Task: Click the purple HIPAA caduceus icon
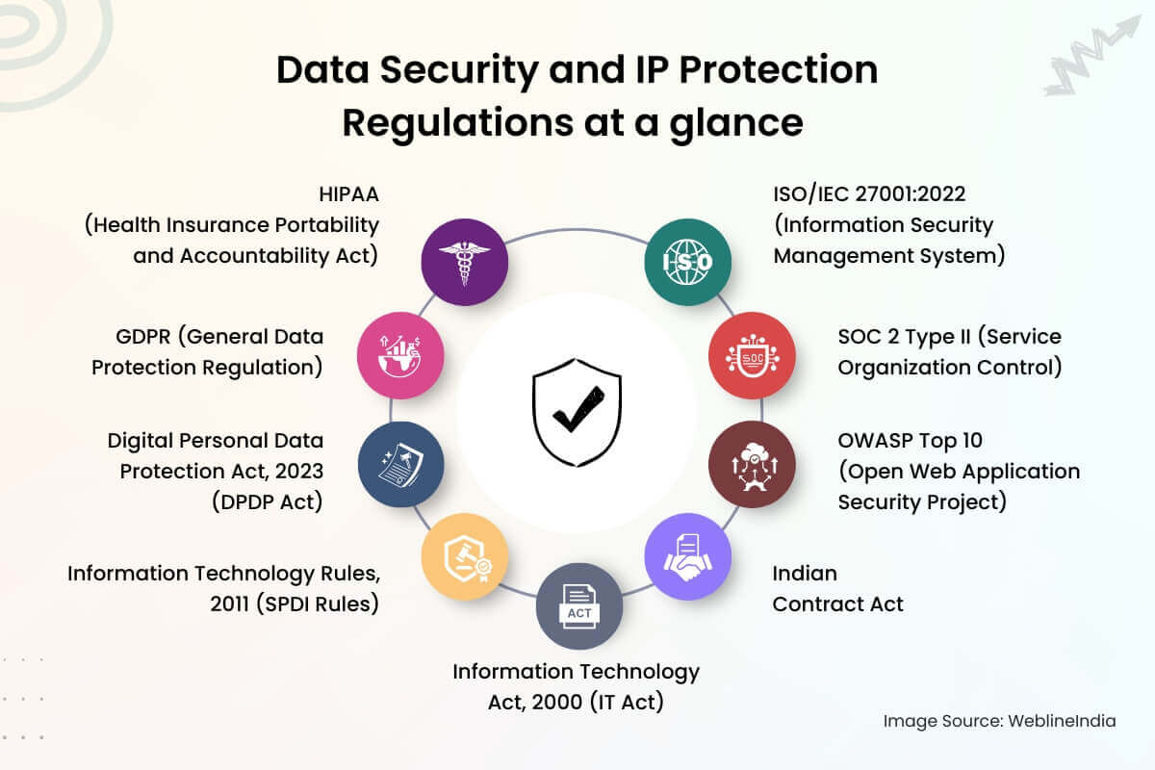(x=465, y=262)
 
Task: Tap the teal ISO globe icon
(x=687, y=262)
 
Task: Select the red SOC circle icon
(x=752, y=355)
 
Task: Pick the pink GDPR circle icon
(x=400, y=355)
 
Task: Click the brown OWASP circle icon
(x=752, y=464)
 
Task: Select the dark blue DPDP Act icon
(x=400, y=464)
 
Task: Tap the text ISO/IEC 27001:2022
(x=869, y=193)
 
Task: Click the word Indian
(x=805, y=573)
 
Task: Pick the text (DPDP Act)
(x=269, y=501)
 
